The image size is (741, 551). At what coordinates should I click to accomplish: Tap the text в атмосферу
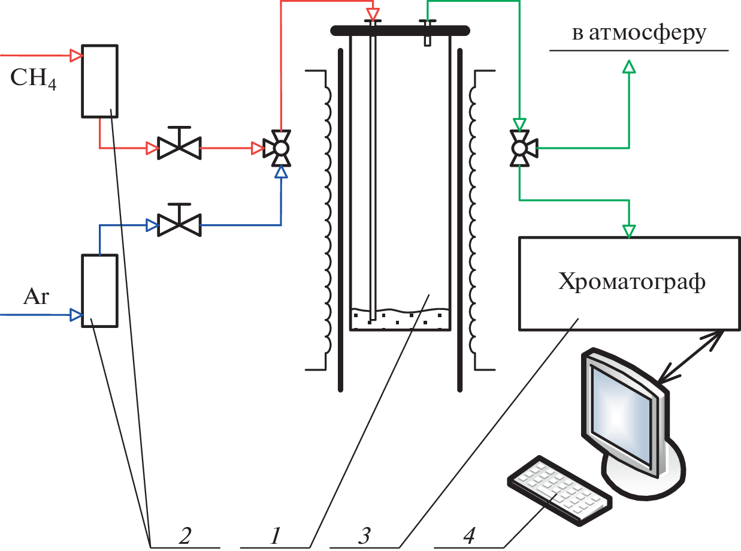[x=639, y=34]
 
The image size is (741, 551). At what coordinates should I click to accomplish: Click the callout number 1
[x=275, y=533]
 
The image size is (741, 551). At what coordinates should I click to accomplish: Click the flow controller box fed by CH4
[x=99, y=80]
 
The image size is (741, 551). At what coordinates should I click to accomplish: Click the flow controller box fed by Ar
[x=99, y=290]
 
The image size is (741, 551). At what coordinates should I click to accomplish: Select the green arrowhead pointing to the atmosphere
[x=628, y=66]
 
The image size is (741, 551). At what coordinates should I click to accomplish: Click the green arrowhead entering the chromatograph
[x=628, y=231]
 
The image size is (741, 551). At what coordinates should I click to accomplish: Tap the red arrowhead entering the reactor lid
[x=373, y=13]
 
